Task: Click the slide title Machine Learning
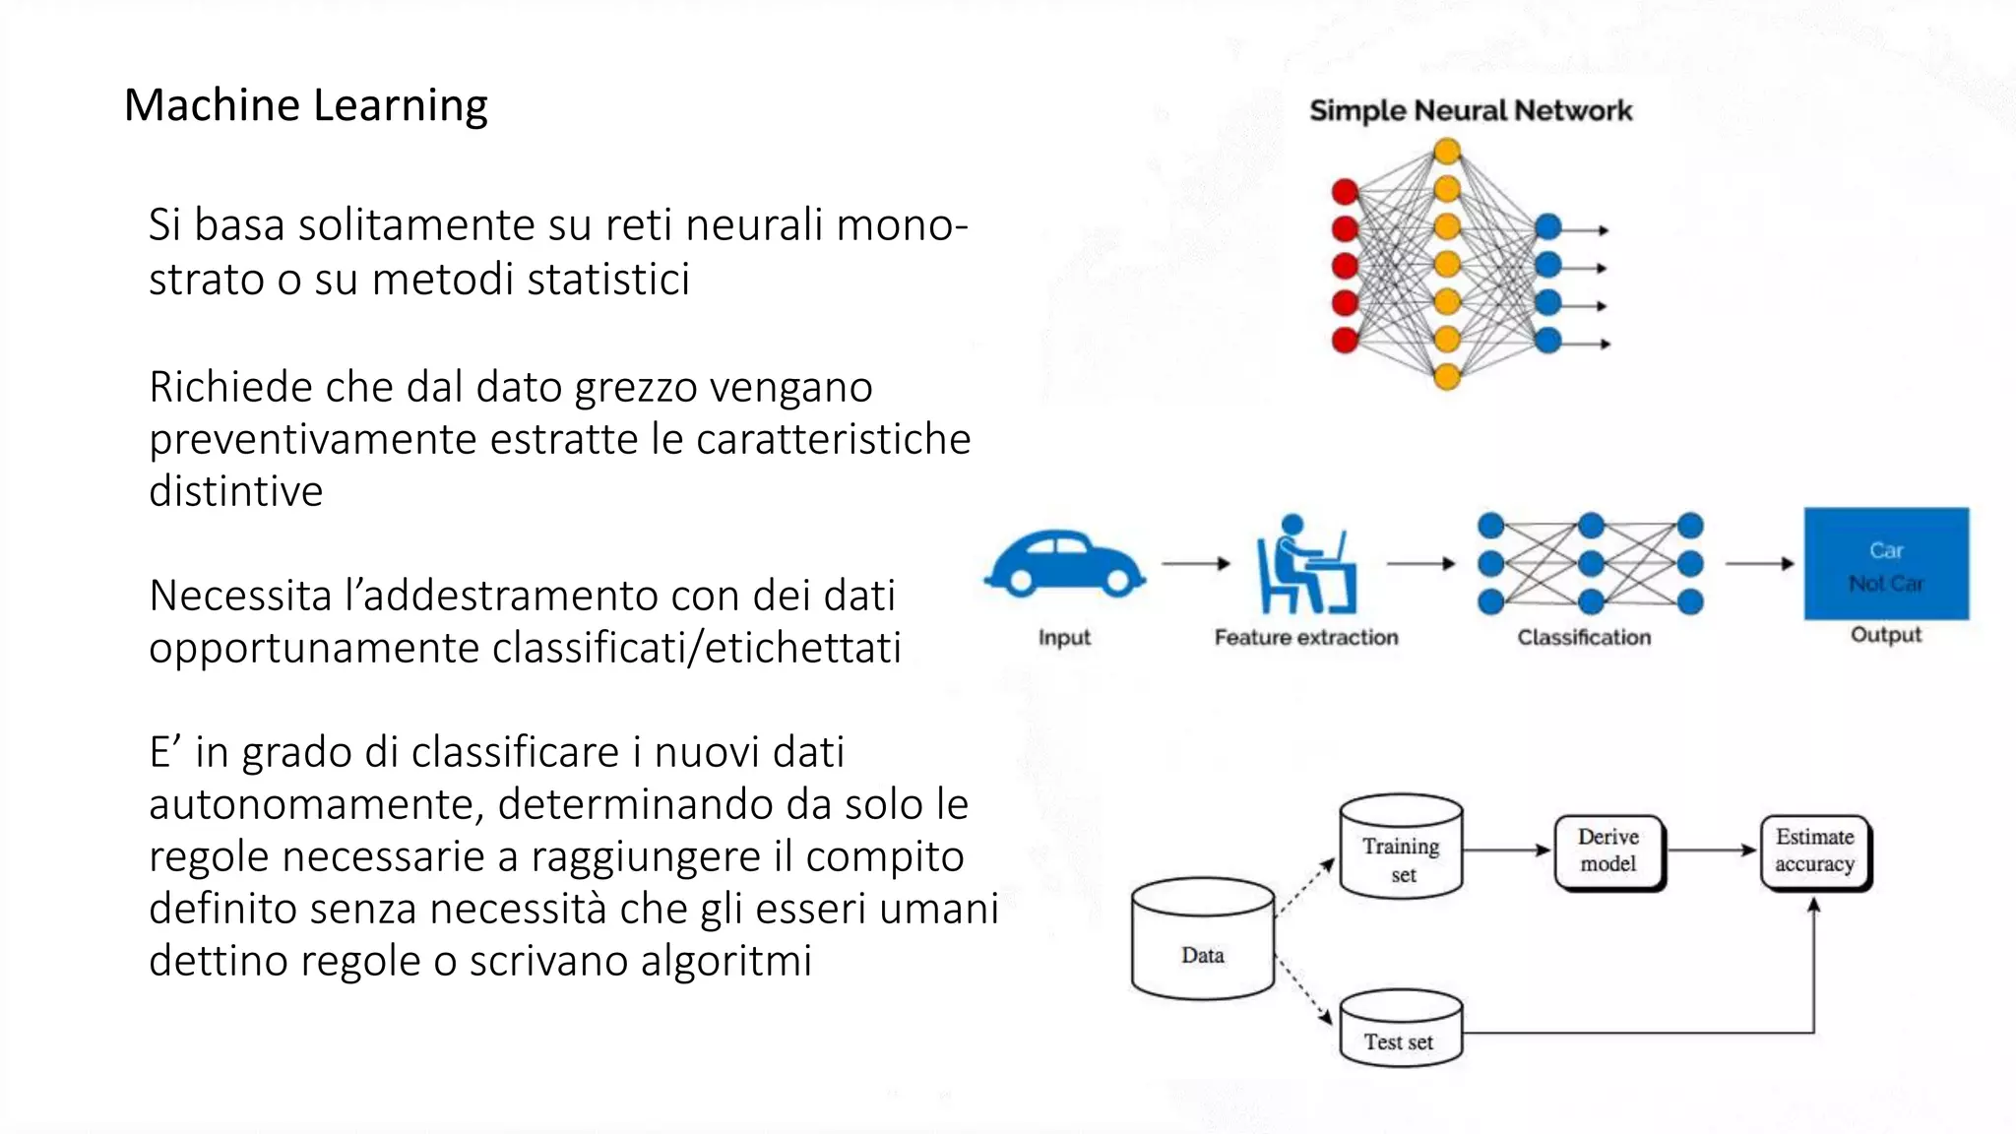[x=305, y=105]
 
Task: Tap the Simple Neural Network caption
[x=1470, y=110]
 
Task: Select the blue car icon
[x=1064, y=564]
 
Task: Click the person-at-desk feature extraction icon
[x=1305, y=565]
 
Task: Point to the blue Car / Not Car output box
[x=1885, y=564]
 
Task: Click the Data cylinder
[x=1202, y=940]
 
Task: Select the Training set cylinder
[x=1401, y=848]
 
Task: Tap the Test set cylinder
[x=1400, y=1029]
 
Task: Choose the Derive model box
[x=1608, y=850]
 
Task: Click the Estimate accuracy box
[x=1814, y=850]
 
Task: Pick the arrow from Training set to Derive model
[x=1506, y=850]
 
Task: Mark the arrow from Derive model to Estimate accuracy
[x=1712, y=850]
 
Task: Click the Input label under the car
[x=1064, y=638]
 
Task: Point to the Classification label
[x=1584, y=638]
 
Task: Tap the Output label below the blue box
[x=1885, y=635]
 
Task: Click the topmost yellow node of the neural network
[x=1447, y=152]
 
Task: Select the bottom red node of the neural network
[x=1345, y=341]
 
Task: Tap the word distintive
[x=236, y=491]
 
